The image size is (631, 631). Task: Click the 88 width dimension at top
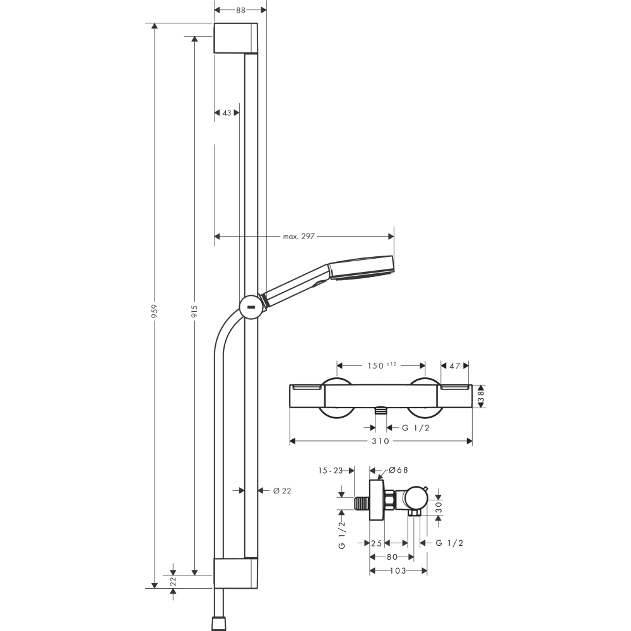coord(240,10)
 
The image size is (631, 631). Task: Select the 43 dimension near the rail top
coord(227,113)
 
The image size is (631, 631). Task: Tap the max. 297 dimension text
coord(298,237)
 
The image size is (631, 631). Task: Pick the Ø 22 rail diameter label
coord(282,490)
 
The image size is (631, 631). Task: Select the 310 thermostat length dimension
coord(380,441)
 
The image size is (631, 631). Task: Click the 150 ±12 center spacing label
coord(382,365)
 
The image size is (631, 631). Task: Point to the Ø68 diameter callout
coord(399,470)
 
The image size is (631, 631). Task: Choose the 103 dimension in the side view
coord(398,570)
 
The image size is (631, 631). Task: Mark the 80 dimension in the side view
coord(391,557)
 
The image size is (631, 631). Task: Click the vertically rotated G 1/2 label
coord(341,535)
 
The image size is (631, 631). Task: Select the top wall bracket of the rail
coord(235,38)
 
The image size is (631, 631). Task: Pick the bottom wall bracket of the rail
coord(235,573)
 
